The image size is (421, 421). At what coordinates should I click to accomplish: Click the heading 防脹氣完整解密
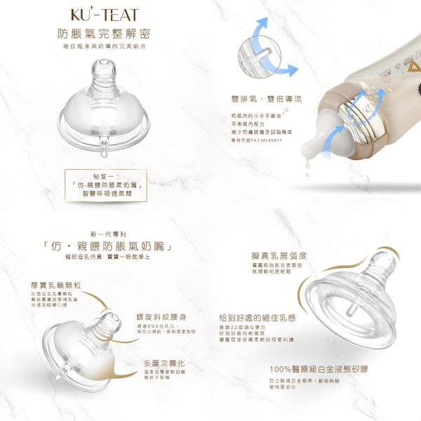pyautogui.click(x=105, y=34)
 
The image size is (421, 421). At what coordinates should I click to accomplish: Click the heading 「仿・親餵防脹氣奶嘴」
pyautogui.click(x=106, y=247)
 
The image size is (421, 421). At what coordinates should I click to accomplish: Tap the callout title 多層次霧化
pyautogui.click(x=163, y=363)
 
